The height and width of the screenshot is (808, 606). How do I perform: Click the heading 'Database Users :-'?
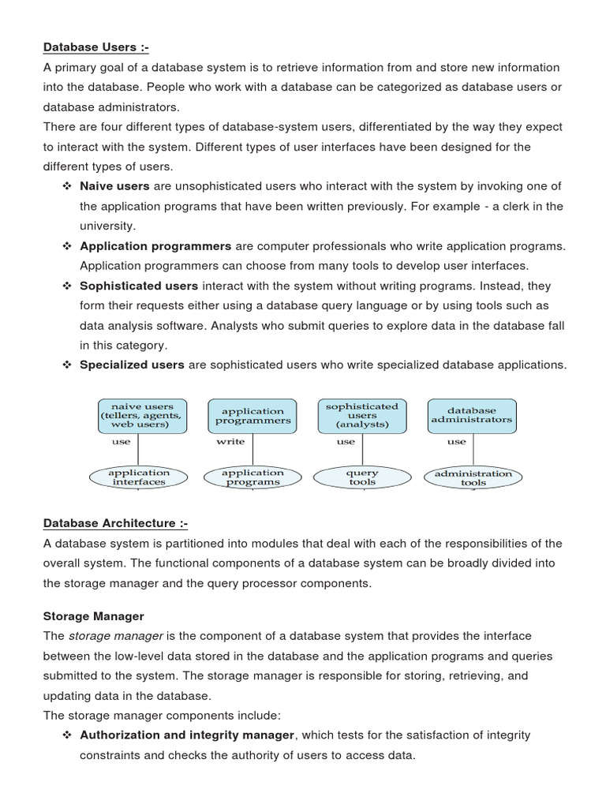tap(95, 47)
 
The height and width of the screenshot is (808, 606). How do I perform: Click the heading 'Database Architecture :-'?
tap(115, 523)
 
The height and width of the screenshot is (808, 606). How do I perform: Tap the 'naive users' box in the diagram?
tap(142, 416)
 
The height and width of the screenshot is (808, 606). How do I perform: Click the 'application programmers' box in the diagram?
tap(252, 416)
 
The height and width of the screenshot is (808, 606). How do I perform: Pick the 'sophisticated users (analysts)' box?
tap(362, 416)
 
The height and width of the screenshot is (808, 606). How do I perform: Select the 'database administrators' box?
tap(472, 416)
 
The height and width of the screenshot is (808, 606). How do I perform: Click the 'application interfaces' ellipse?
tap(139, 477)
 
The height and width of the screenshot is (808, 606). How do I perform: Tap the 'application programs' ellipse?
tap(252, 477)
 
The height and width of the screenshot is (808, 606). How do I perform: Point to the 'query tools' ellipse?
tap(362, 477)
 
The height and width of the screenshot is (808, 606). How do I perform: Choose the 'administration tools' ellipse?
tap(473, 477)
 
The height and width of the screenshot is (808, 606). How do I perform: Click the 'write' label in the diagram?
tap(230, 442)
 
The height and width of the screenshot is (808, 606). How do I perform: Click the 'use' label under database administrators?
tap(457, 442)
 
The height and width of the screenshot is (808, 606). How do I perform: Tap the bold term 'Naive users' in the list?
tap(114, 186)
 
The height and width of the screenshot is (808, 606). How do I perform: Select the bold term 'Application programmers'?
tap(155, 246)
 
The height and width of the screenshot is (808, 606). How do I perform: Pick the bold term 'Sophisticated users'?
tap(139, 286)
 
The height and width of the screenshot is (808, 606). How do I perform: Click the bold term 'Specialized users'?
tap(132, 365)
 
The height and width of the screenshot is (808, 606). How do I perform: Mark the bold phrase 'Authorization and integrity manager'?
tap(188, 735)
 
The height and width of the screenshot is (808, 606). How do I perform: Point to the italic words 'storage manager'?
tap(116, 636)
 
